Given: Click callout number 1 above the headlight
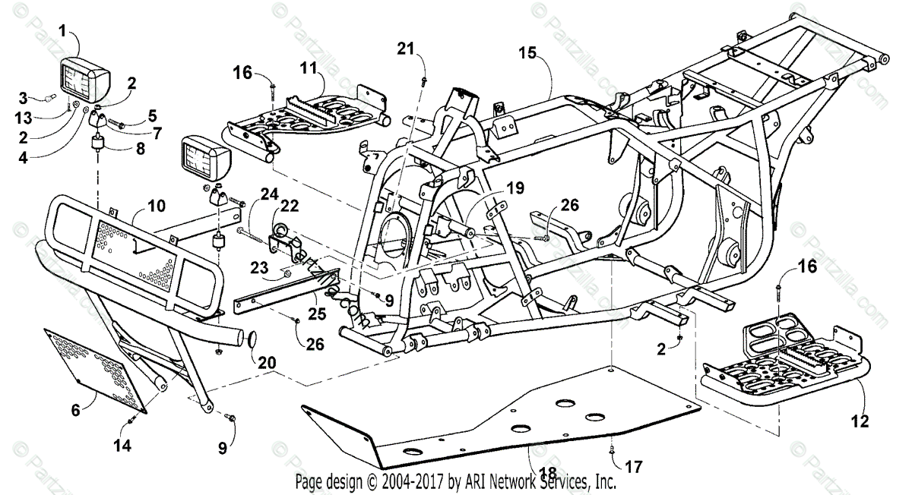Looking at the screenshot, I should point(62,30).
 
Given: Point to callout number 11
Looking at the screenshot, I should point(307,68).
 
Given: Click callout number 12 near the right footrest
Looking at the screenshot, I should point(861,418).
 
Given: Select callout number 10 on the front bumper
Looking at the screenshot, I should point(156,206).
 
